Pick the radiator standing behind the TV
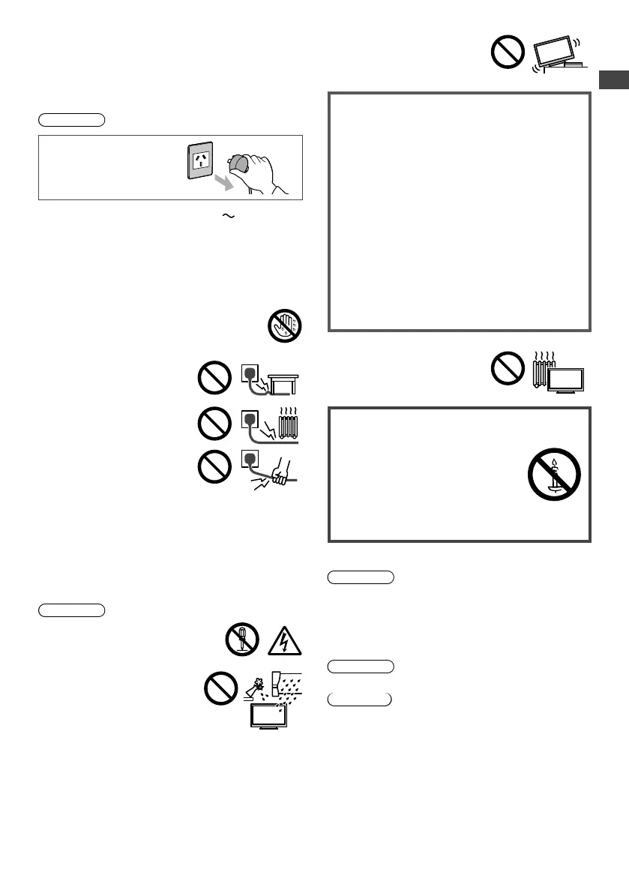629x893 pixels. pos(543,370)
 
